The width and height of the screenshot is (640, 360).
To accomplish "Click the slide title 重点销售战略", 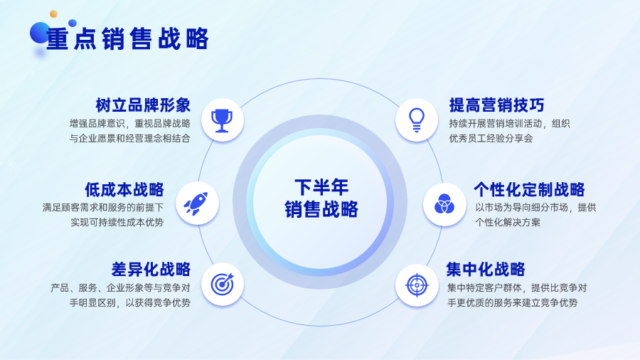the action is click(127, 39).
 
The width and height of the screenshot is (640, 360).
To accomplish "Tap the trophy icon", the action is click(222, 120).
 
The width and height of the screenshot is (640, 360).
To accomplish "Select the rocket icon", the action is click(196, 203).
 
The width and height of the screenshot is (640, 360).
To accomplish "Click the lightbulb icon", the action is click(416, 120).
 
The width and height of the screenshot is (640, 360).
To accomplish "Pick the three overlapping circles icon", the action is click(444, 204).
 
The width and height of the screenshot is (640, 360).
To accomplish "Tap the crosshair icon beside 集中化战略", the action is click(417, 285).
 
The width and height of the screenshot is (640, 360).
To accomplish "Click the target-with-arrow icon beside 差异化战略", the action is click(223, 284).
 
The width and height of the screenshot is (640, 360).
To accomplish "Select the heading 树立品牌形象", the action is click(143, 105).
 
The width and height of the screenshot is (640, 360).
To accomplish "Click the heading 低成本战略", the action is click(124, 189).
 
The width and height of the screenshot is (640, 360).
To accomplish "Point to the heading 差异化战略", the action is click(151, 270).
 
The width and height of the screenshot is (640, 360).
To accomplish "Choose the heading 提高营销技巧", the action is click(497, 105).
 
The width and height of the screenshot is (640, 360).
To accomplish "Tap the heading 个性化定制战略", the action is click(529, 189).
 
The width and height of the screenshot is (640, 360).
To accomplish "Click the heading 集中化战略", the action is click(486, 270).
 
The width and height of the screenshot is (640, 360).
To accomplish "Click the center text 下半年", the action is click(321, 187).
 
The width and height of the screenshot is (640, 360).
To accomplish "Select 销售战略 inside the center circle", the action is click(321, 209).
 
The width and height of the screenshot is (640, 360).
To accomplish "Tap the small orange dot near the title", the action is click(53, 14).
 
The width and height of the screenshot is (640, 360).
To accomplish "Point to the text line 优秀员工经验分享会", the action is click(491, 138).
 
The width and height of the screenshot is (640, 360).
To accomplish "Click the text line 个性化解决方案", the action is click(508, 223).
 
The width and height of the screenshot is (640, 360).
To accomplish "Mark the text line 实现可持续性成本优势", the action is click(117, 223).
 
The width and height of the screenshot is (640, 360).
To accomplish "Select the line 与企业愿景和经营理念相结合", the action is click(130, 138).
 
